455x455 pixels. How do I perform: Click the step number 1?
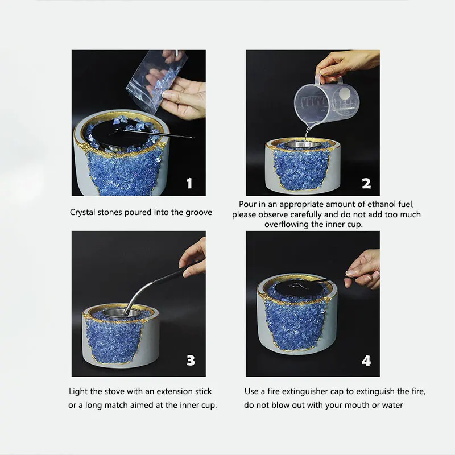[x=189, y=183]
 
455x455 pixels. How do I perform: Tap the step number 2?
[x=366, y=183]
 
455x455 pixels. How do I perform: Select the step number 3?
[x=191, y=361]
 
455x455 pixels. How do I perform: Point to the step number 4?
[x=366, y=361]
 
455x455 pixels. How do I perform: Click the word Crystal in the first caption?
[x=82, y=212]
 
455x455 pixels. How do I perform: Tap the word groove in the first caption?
[x=198, y=213]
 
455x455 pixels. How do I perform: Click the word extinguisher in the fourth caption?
[x=305, y=391]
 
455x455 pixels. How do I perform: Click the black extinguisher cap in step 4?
[x=299, y=287]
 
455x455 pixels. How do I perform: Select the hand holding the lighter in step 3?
[x=193, y=257]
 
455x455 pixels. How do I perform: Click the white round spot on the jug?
[x=345, y=93]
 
